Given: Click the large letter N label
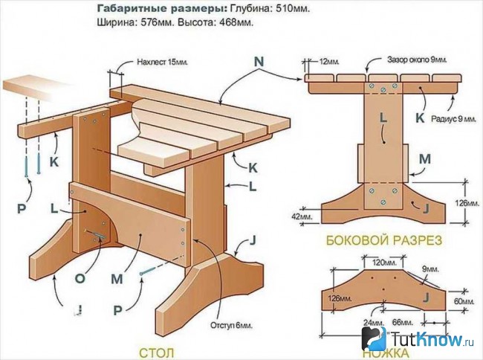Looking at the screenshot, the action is [259, 62].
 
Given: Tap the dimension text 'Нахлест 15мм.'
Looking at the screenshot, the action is [162, 62].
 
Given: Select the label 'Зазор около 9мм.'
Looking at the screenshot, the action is [417, 60].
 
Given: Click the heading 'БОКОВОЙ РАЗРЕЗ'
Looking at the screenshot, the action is [384, 240].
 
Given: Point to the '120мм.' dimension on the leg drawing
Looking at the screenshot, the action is [383, 263].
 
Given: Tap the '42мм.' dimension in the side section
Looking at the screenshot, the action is [302, 216].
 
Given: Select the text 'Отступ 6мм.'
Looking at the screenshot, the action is [231, 326].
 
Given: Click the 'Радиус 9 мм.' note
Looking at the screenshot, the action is [454, 119].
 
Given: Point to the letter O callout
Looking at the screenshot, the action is [80, 278].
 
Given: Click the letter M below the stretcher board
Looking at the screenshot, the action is [117, 279].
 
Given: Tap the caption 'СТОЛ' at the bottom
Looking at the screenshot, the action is [157, 353].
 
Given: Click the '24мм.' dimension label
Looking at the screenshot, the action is [373, 323].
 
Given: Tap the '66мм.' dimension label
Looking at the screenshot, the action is [402, 323].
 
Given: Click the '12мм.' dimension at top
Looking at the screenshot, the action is [329, 62].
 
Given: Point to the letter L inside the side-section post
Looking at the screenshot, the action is [383, 118].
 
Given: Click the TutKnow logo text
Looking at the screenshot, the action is [432, 339].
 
